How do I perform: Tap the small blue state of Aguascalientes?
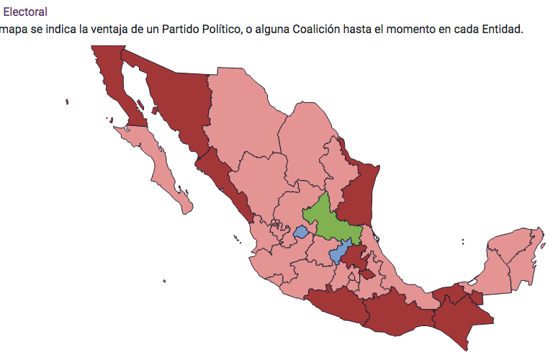[301, 233]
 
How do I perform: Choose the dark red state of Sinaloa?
[223, 180]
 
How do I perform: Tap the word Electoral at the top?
[26, 12]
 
